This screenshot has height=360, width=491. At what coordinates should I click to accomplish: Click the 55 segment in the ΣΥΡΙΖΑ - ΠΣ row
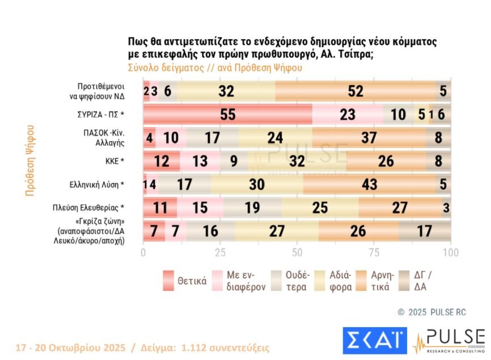click(227, 114)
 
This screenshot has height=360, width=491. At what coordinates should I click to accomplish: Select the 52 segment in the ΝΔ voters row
click(355, 91)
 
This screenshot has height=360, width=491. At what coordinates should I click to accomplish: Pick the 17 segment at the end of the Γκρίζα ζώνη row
click(424, 231)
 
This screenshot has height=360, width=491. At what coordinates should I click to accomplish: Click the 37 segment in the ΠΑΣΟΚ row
click(369, 138)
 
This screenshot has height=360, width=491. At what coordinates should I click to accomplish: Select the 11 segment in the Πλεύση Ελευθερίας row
click(160, 207)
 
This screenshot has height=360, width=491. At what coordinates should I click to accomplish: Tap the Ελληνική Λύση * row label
click(97, 184)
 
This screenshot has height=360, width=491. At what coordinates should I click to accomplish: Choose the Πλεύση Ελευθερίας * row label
click(92, 207)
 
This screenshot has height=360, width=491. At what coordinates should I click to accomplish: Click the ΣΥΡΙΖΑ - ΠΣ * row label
click(100, 114)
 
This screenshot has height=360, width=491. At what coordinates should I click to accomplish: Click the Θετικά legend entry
click(192, 281)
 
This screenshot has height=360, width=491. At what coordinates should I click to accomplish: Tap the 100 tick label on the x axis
click(451, 252)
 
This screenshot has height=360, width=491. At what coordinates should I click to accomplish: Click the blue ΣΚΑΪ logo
click(375, 339)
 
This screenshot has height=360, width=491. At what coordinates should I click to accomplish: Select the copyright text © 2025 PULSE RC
click(426, 312)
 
